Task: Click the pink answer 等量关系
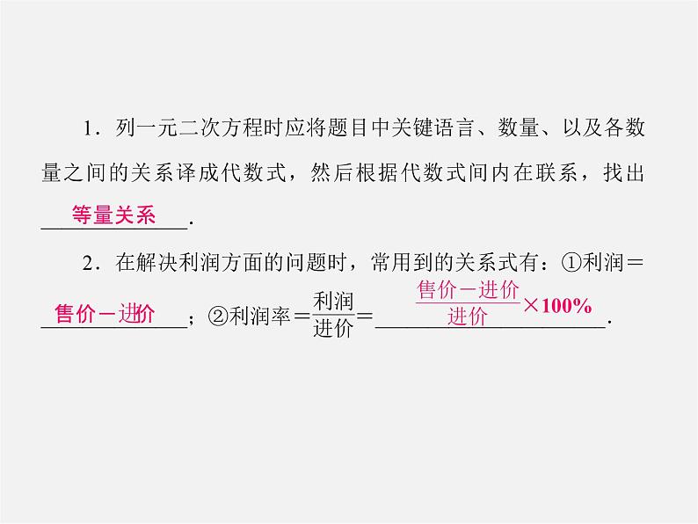pyautogui.click(x=112, y=215)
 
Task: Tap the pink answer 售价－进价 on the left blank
pyautogui.click(x=105, y=314)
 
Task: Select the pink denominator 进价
pyautogui.click(x=467, y=317)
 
